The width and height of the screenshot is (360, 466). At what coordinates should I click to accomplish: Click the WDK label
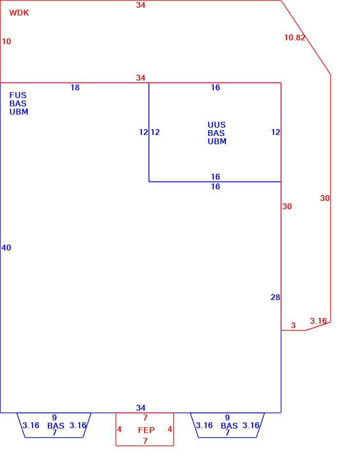tap(19, 13)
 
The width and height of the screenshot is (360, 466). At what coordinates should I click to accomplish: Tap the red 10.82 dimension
tap(294, 37)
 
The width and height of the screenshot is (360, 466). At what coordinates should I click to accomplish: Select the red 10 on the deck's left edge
tap(6, 41)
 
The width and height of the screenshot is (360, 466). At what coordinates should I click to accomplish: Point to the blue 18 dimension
tap(75, 87)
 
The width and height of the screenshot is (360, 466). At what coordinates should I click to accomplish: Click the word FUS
tap(18, 96)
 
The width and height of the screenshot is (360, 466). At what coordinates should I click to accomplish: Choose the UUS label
tap(217, 125)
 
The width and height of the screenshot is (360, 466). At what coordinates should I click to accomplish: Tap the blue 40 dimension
tap(6, 248)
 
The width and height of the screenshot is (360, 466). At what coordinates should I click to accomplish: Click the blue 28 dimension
tap(275, 297)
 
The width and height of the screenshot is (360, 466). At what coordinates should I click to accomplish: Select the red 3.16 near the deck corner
tap(318, 321)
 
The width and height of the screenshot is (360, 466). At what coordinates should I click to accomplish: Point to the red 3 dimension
tap(293, 325)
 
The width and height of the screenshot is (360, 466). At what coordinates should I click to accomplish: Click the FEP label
tap(146, 430)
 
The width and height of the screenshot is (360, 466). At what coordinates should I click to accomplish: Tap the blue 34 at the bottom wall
tap(141, 408)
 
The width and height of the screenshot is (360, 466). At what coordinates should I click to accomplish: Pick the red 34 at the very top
tap(141, 5)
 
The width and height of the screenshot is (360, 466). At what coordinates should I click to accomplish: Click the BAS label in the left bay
tap(56, 426)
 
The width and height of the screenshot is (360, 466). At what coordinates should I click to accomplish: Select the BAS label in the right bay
tap(229, 426)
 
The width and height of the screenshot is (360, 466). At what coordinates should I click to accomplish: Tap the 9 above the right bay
tap(227, 417)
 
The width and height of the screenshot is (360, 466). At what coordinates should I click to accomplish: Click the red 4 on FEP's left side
tap(120, 430)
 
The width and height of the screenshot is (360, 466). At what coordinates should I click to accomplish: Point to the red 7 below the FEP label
tap(145, 441)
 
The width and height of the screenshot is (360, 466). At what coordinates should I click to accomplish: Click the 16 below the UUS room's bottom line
tap(215, 186)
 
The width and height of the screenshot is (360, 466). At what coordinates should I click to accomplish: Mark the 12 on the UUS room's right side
tap(275, 132)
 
